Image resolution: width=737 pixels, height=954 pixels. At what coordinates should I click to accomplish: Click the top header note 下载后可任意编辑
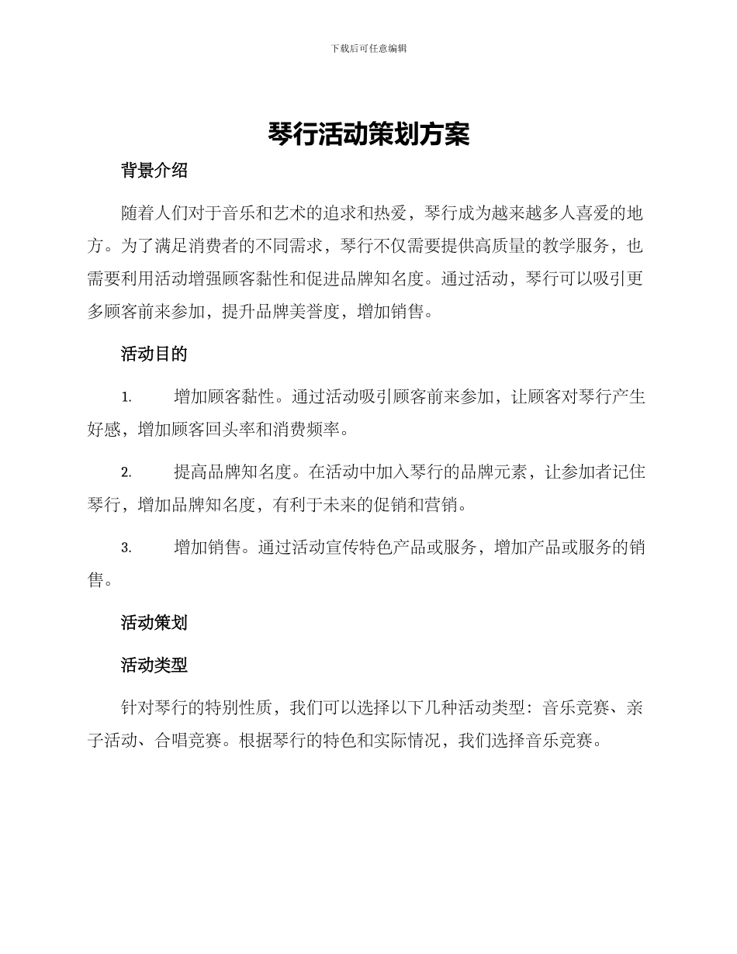tap(368, 48)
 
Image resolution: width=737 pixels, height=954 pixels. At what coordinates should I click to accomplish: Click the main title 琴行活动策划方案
tap(368, 134)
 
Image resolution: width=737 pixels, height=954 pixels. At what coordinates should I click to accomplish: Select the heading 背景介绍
tap(154, 171)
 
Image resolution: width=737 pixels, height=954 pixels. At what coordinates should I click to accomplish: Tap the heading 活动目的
tap(154, 354)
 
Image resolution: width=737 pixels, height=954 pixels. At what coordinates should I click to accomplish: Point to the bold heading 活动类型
tap(154, 665)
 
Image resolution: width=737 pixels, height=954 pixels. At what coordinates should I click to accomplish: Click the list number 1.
tap(126, 398)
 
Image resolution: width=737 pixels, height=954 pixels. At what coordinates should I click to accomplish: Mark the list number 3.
tap(126, 548)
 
